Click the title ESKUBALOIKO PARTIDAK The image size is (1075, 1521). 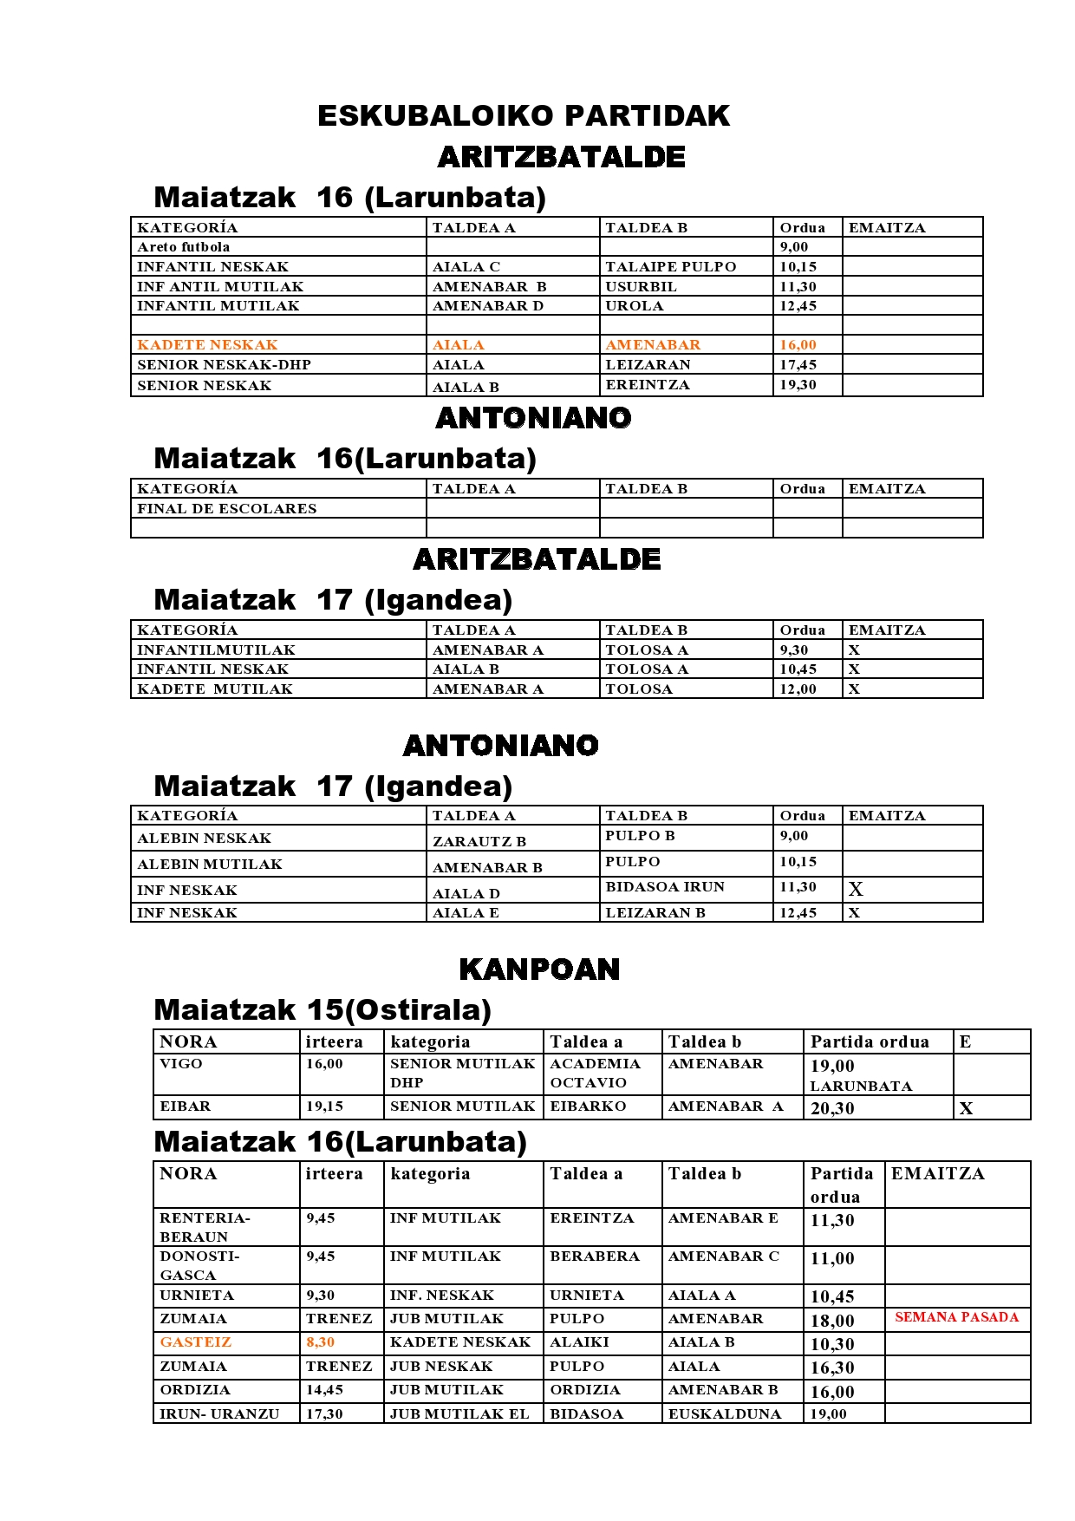524,115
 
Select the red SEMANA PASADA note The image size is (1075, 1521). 956,1317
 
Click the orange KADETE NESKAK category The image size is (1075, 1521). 207,345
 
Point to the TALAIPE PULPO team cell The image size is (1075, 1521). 670,267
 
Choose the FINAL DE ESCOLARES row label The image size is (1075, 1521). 226,509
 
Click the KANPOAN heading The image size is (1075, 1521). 539,969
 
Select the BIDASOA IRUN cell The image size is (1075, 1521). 664,887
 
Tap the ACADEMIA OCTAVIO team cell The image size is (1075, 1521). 595,1074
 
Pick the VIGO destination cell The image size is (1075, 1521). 181,1064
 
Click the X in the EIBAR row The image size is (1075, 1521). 966,1108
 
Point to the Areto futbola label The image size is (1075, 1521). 183,247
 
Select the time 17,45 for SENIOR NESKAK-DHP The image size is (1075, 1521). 798,365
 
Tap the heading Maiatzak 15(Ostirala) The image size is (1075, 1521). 322,1010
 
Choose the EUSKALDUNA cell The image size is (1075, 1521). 724,1414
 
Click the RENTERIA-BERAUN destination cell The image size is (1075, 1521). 205,1227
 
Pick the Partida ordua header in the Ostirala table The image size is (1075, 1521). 869,1041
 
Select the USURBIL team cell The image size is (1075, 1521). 641,287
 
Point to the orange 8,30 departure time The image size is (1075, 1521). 320,1342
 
